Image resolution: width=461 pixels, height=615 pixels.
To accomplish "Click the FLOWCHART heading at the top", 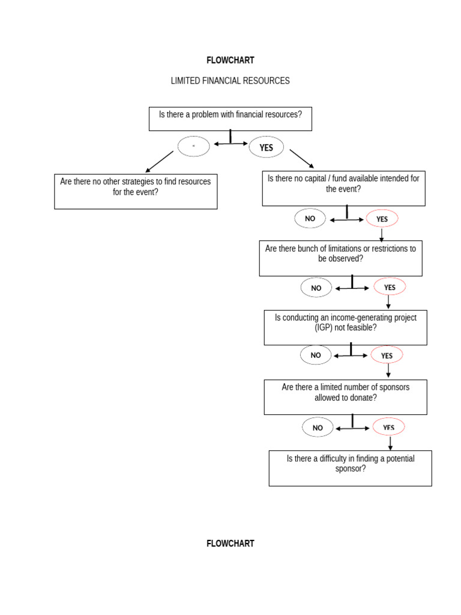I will click(x=230, y=60).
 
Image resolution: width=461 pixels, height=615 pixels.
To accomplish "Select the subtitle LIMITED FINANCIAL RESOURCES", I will click(x=230, y=80).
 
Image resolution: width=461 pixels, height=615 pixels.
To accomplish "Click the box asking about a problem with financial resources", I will click(x=230, y=118).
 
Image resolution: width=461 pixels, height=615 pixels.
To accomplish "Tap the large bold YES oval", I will click(x=266, y=147).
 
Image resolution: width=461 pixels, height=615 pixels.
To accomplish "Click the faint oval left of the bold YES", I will click(x=193, y=147).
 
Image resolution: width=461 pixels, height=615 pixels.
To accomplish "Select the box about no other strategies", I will click(x=136, y=192).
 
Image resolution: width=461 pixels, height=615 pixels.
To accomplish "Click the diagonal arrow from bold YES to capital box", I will click(x=302, y=159).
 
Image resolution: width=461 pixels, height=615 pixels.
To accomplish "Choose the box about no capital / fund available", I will click(x=343, y=189).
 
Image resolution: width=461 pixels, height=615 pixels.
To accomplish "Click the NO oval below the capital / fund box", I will click(x=310, y=219).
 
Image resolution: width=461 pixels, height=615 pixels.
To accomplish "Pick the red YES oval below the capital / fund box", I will click(x=382, y=219).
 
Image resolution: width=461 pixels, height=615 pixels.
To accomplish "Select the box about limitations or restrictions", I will click(x=340, y=258).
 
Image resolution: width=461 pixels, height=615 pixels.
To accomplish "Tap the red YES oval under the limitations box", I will click(x=390, y=287).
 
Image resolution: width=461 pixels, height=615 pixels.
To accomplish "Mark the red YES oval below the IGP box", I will click(x=387, y=356).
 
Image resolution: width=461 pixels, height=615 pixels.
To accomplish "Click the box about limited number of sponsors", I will click(x=345, y=396).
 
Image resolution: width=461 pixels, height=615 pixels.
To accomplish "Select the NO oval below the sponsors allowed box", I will click(x=318, y=428).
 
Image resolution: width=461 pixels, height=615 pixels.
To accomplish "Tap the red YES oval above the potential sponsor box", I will click(x=389, y=427).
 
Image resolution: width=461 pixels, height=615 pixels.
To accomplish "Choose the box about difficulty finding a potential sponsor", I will click(x=350, y=468).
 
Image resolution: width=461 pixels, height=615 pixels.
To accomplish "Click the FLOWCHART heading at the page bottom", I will click(x=230, y=544).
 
